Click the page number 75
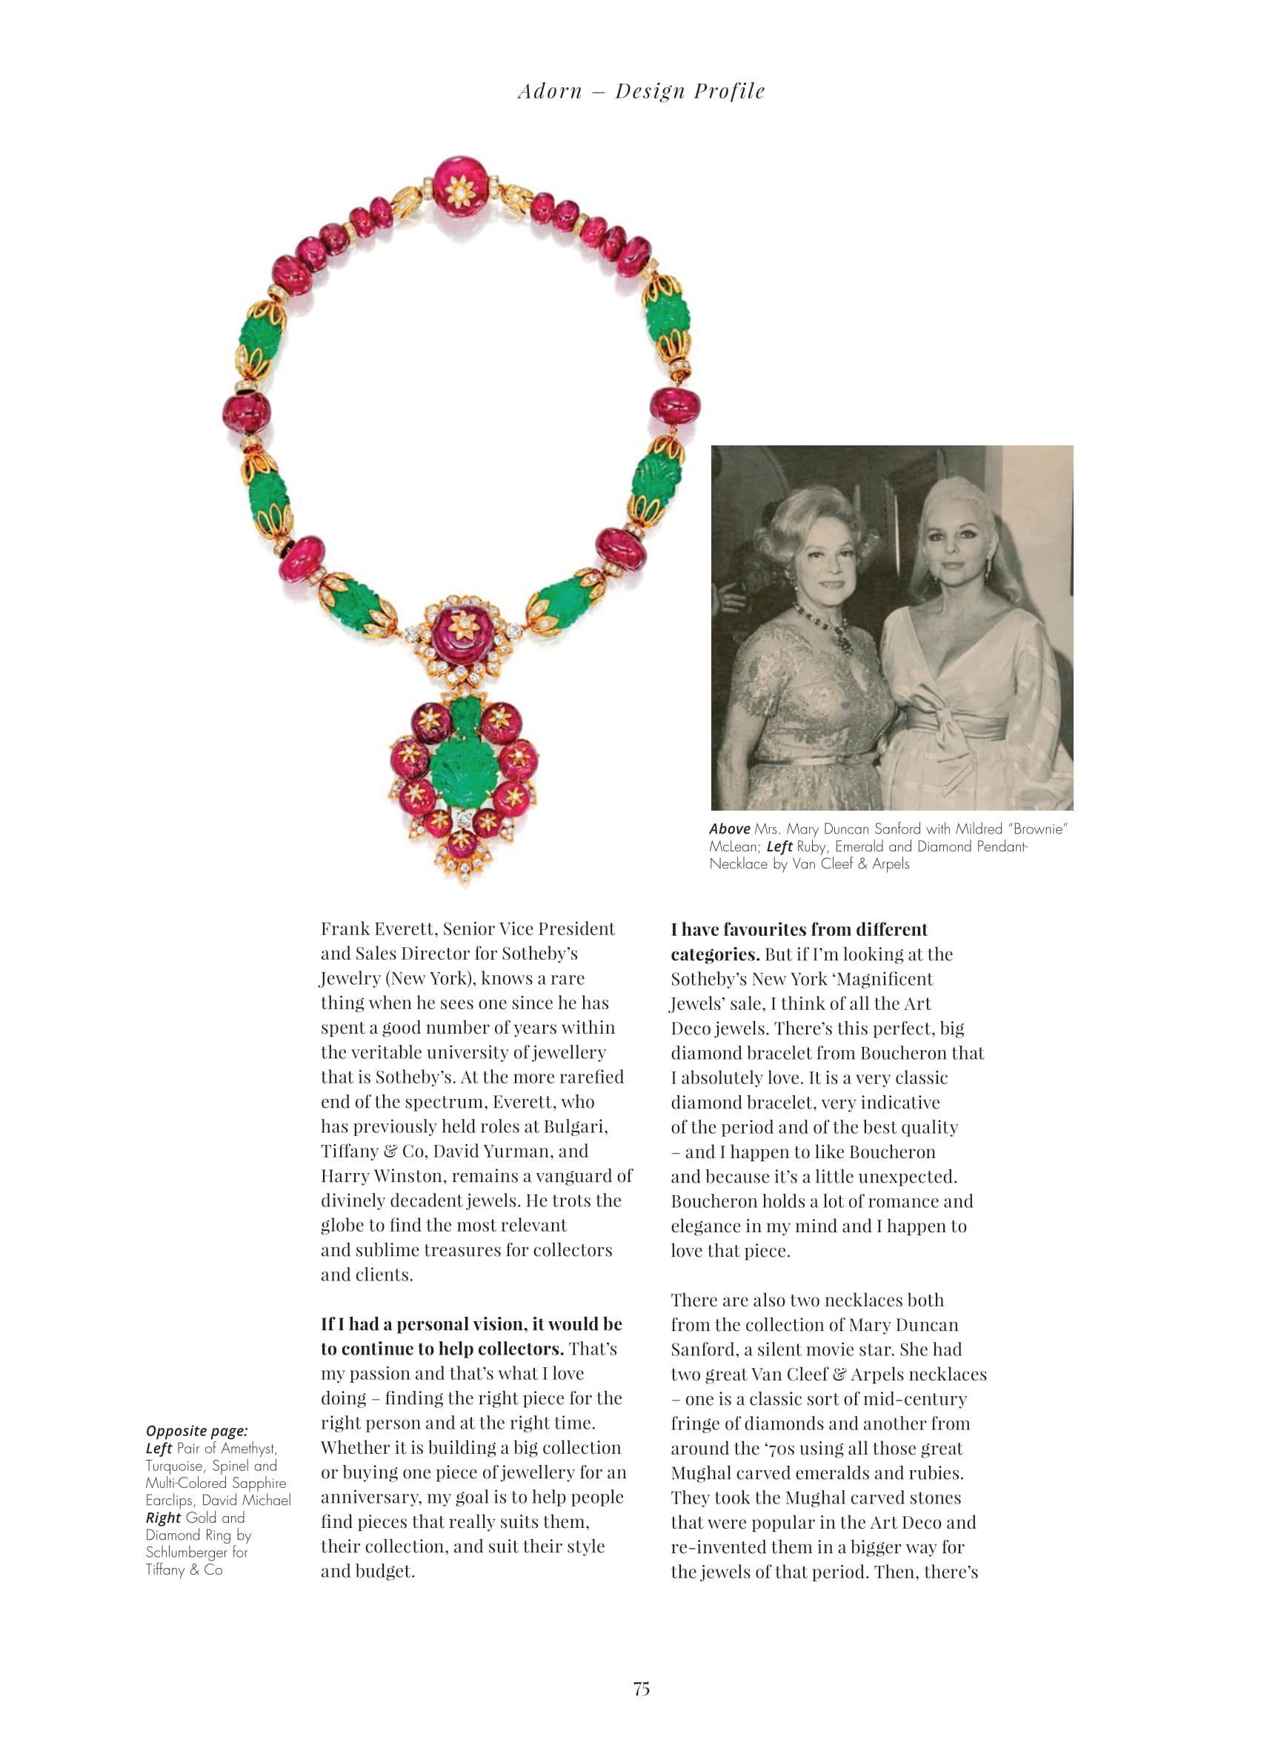pos(641,1688)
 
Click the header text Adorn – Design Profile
pos(641,91)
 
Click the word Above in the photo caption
pos(729,829)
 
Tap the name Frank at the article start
pos(345,928)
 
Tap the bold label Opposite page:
pos(196,1431)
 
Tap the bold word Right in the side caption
pos(163,1518)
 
